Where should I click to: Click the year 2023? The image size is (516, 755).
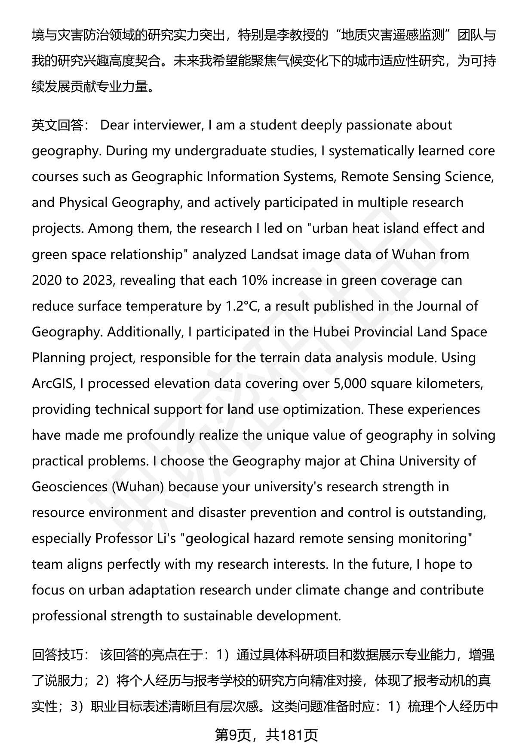coord(98,280)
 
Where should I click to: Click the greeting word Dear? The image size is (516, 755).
coord(114,125)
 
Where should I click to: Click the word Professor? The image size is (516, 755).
coord(123,538)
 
